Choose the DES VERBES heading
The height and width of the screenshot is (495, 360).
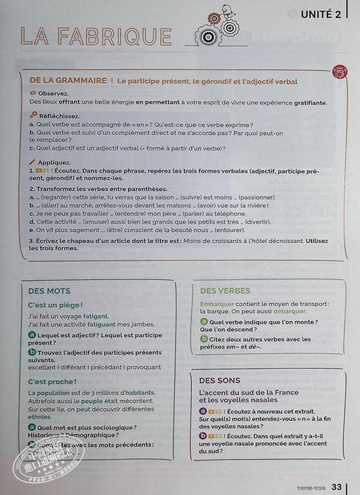tap(225, 291)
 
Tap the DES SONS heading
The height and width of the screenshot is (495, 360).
tap(219, 380)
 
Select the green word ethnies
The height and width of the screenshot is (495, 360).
tap(40, 417)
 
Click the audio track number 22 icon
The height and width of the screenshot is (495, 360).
tap(215, 411)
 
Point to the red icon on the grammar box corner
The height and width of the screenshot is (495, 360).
tap(339, 72)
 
